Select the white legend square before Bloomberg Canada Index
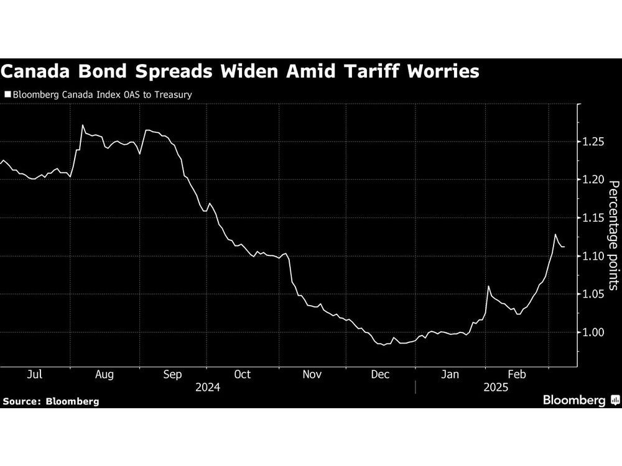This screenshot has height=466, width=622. click(x=7, y=95)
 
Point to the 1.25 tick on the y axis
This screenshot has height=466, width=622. click(x=593, y=142)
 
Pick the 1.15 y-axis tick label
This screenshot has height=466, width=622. click(x=593, y=218)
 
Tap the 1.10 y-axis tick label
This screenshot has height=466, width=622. click(x=593, y=256)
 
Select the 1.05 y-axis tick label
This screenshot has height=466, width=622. click(x=593, y=294)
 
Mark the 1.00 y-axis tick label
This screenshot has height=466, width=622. click(x=593, y=332)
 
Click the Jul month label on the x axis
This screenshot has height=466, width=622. click(x=35, y=374)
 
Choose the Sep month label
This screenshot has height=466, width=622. click(x=172, y=374)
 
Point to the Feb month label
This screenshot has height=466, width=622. click(x=517, y=374)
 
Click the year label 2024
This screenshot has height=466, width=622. click(x=207, y=387)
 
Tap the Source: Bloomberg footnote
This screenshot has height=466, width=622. click(x=51, y=401)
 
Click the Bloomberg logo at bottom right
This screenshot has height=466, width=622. click(x=580, y=401)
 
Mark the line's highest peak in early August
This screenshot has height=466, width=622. click(x=83, y=126)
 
